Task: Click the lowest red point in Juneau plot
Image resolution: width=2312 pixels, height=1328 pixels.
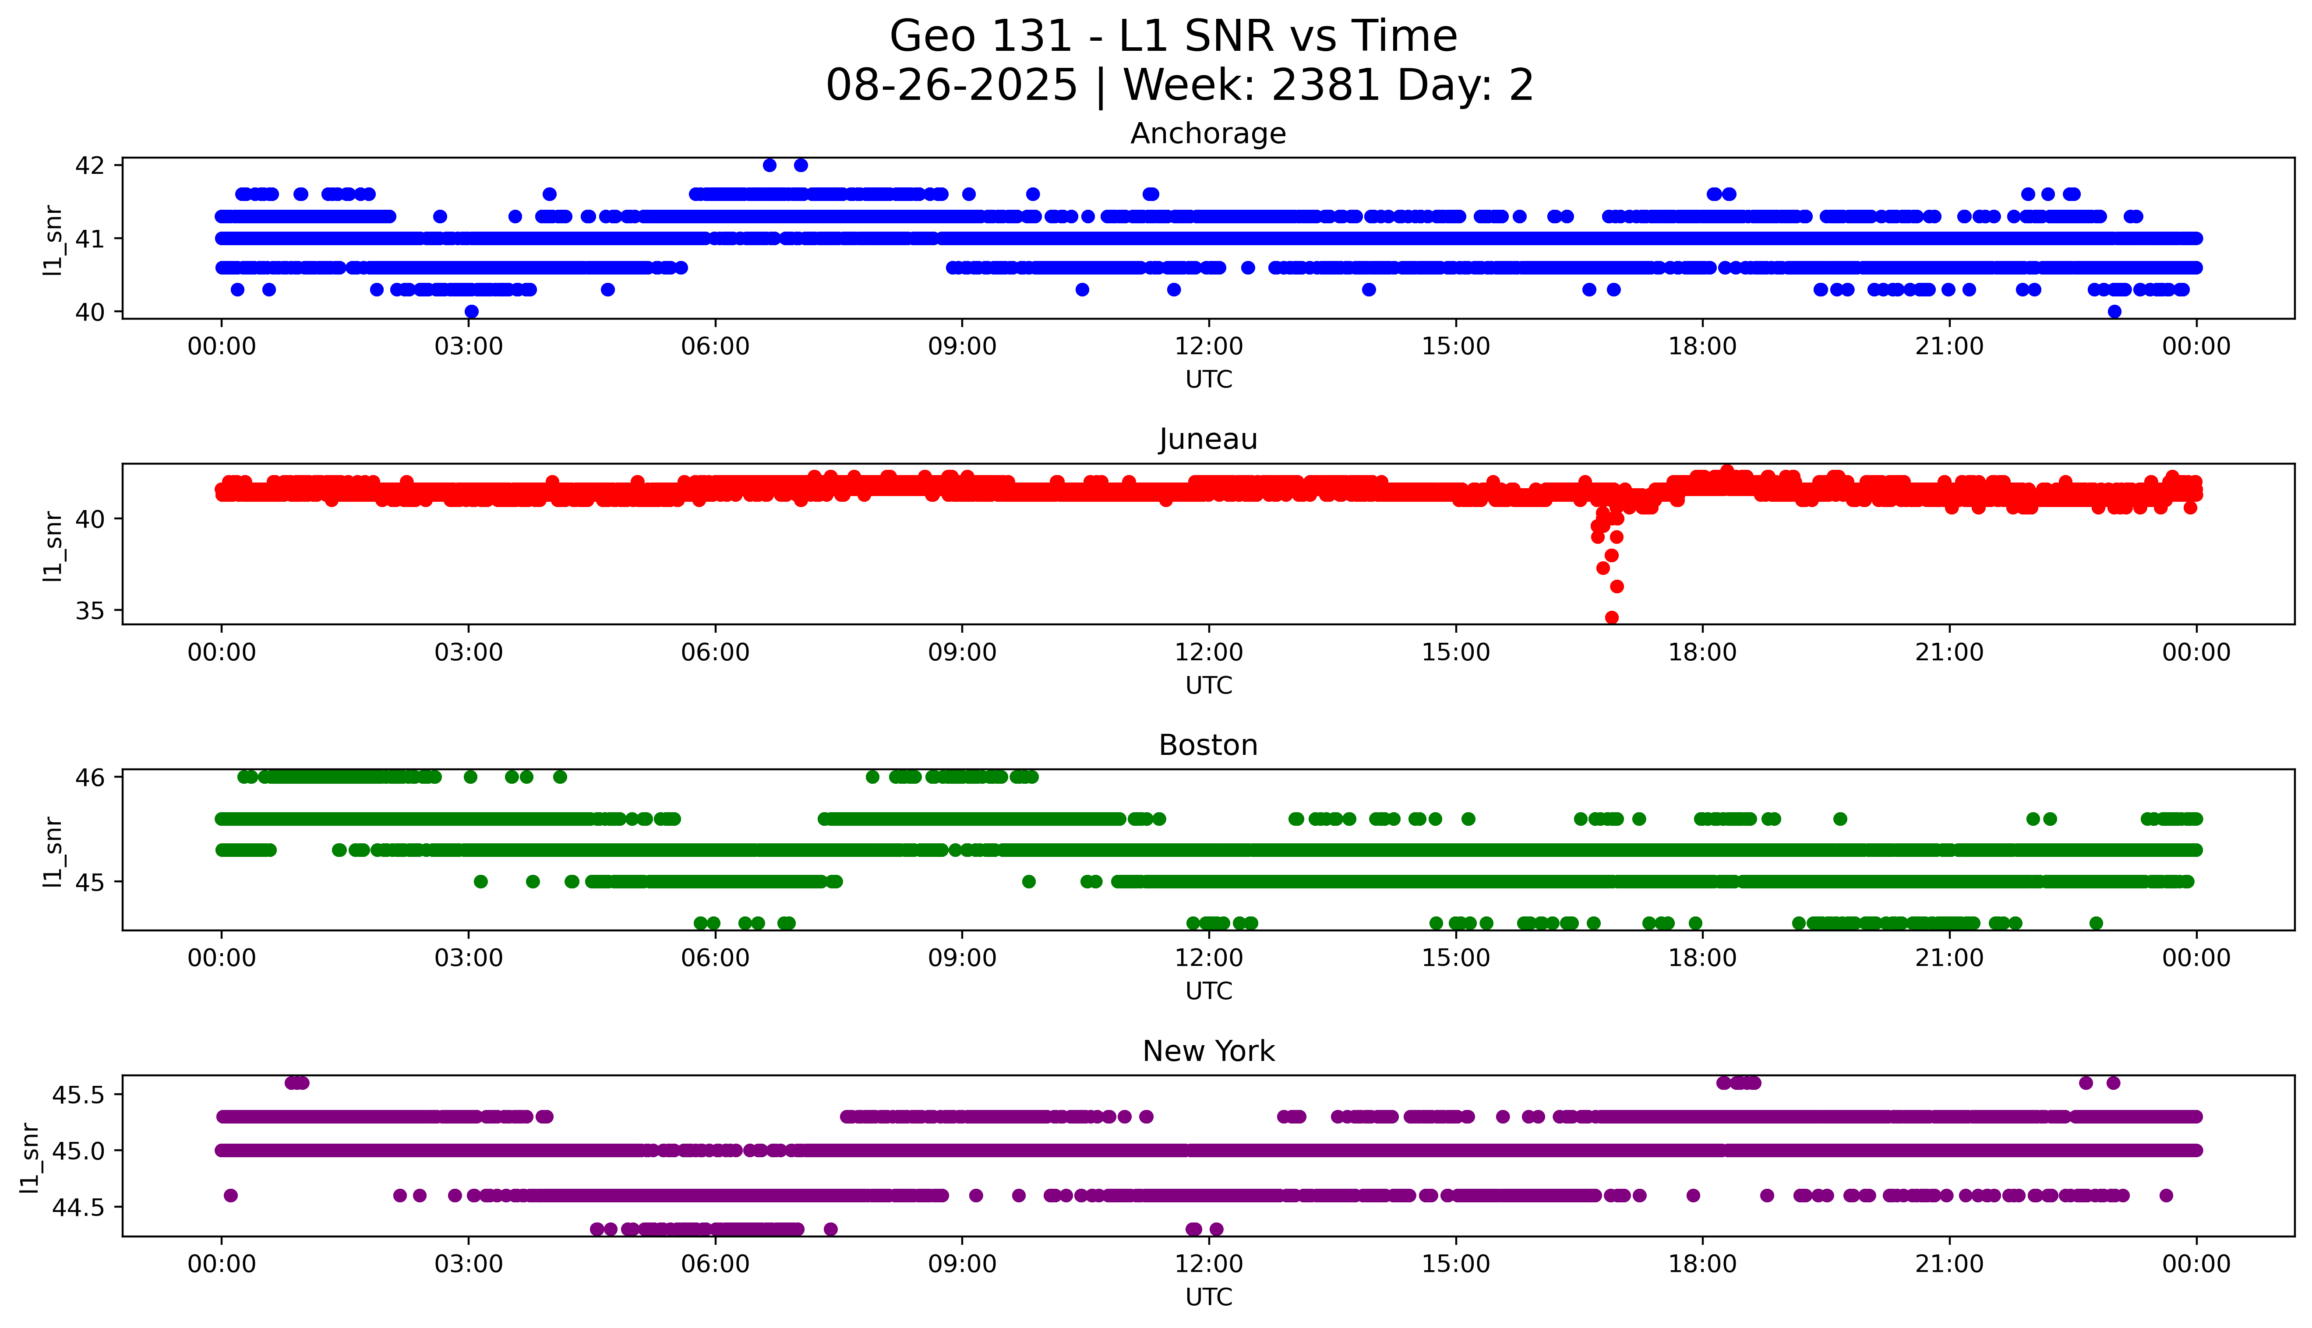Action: (x=1612, y=617)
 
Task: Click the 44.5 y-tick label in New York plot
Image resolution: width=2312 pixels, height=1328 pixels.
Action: (x=78, y=1208)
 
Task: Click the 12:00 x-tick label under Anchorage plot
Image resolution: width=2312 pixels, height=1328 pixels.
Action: (x=1208, y=347)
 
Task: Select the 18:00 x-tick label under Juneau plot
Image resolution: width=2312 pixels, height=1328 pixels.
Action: (x=1702, y=652)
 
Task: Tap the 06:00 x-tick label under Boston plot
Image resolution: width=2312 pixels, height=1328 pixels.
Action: (x=715, y=958)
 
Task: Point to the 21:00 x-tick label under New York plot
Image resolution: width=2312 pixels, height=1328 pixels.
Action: (x=1949, y=1264)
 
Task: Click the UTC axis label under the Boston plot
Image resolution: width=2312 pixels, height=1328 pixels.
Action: (x=1208, y=990)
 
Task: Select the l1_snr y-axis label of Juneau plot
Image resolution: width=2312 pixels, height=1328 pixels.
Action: (x=53, y=546)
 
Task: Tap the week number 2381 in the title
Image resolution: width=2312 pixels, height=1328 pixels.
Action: (x=1324, y=86)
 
